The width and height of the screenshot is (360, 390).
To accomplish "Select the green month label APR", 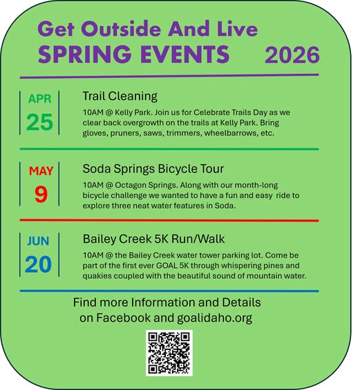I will [39, 99].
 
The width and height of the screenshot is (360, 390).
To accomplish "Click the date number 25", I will [39, 122].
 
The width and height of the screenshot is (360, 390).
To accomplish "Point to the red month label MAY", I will [41, 170].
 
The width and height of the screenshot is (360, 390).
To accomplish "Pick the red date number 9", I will [41, 195].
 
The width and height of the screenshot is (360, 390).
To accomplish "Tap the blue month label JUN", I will [39, 242].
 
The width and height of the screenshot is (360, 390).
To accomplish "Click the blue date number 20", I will [39, 265].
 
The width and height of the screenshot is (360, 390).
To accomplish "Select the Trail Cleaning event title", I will [120, 96].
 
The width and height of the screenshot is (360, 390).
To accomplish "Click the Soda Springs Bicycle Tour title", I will [153, 168].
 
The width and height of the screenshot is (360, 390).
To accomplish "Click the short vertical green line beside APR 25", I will [60, 111].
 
